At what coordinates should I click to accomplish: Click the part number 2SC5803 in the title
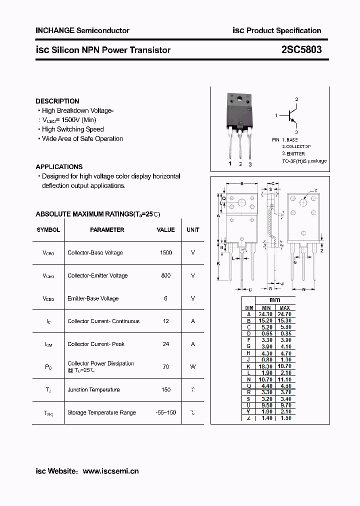[301, 50]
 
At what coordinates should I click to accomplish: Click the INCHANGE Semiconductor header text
[82, 30]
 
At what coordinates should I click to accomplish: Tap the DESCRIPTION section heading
[57, 101]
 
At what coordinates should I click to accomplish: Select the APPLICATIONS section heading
[59, 166]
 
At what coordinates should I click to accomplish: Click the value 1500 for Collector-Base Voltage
[166, 253]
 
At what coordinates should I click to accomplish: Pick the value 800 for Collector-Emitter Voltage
[166, 275]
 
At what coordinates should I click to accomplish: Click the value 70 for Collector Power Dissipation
[166, 367]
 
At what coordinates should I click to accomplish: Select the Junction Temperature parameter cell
[93, 390]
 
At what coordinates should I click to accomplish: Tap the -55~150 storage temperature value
[166, 412]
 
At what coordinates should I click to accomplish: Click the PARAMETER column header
[107, 230]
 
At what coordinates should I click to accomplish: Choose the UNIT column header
[193, 230]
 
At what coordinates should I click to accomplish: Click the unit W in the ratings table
[193, 367]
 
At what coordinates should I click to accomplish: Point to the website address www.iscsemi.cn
[110, 471]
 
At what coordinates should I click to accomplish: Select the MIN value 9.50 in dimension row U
[266, 405]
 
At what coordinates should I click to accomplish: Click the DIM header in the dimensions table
[249, 307]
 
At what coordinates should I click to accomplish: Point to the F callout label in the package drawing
[316, 191]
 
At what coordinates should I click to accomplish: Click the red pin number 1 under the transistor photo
[230, 164]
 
